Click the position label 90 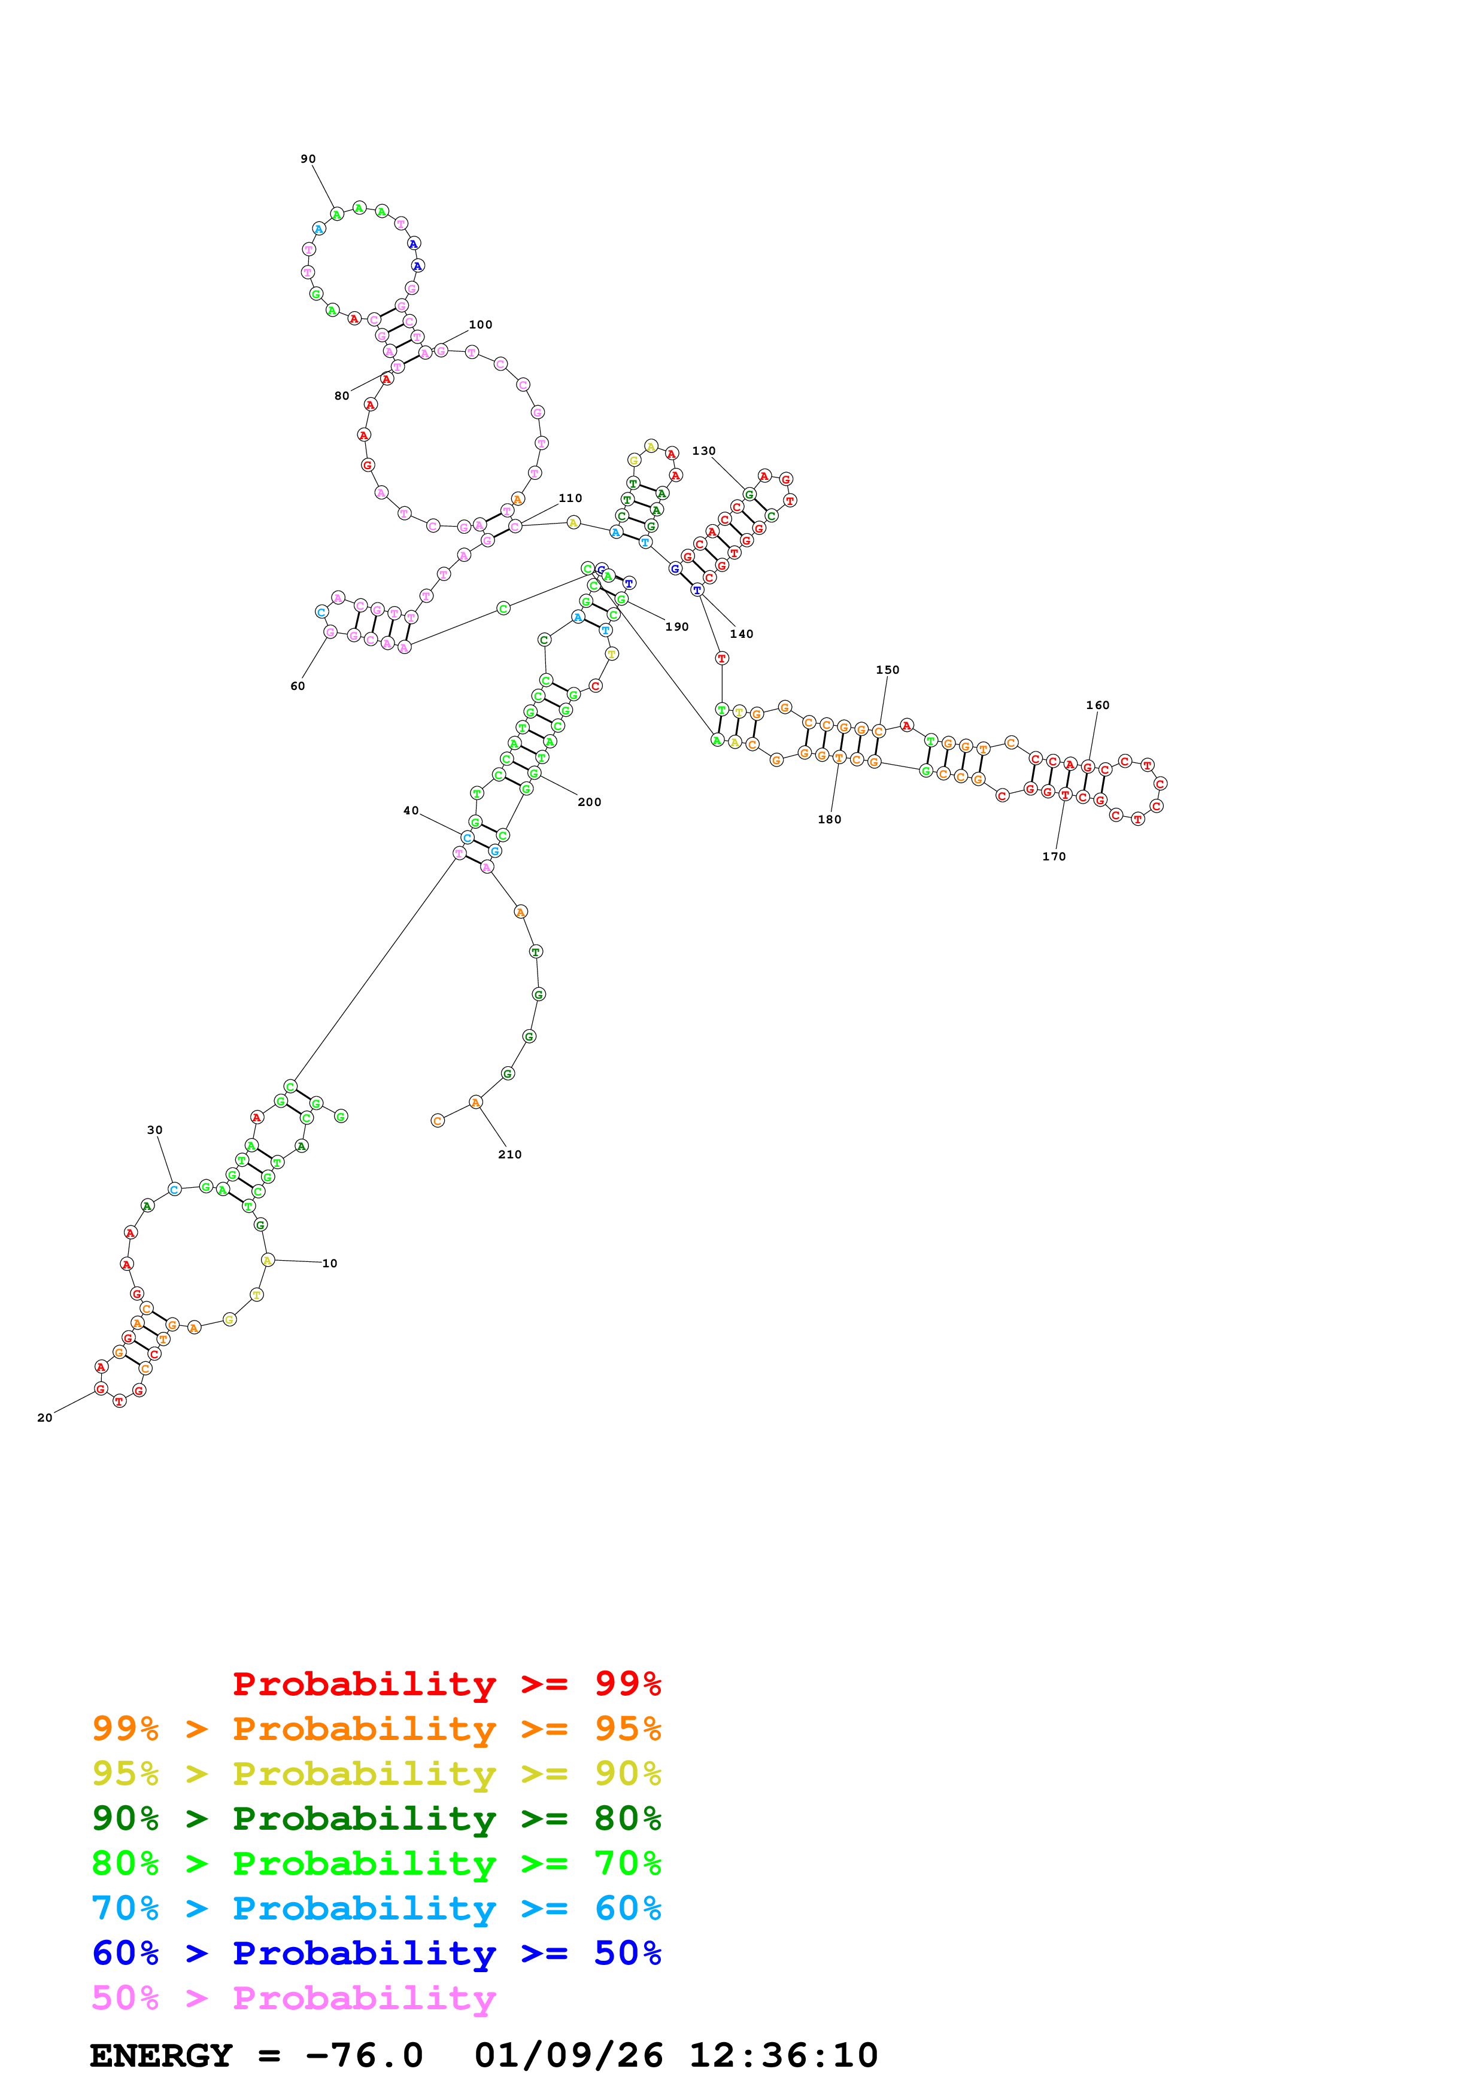[x=308, y=159]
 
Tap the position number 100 [x=480, y=324]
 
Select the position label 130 [x=703, y=451]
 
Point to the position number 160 [x=1097, y=705]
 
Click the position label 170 [x=1054, y=857]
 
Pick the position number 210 [x=509, y=1155]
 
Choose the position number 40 [x=411, y=811]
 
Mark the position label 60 [x=297, y=686]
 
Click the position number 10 [x=329, y=1264]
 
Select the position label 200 [x=589, y=802]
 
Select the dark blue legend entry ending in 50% [x=376, y=1953]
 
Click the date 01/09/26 [x=568, y=2055]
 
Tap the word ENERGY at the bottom [x=161, y=2055]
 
